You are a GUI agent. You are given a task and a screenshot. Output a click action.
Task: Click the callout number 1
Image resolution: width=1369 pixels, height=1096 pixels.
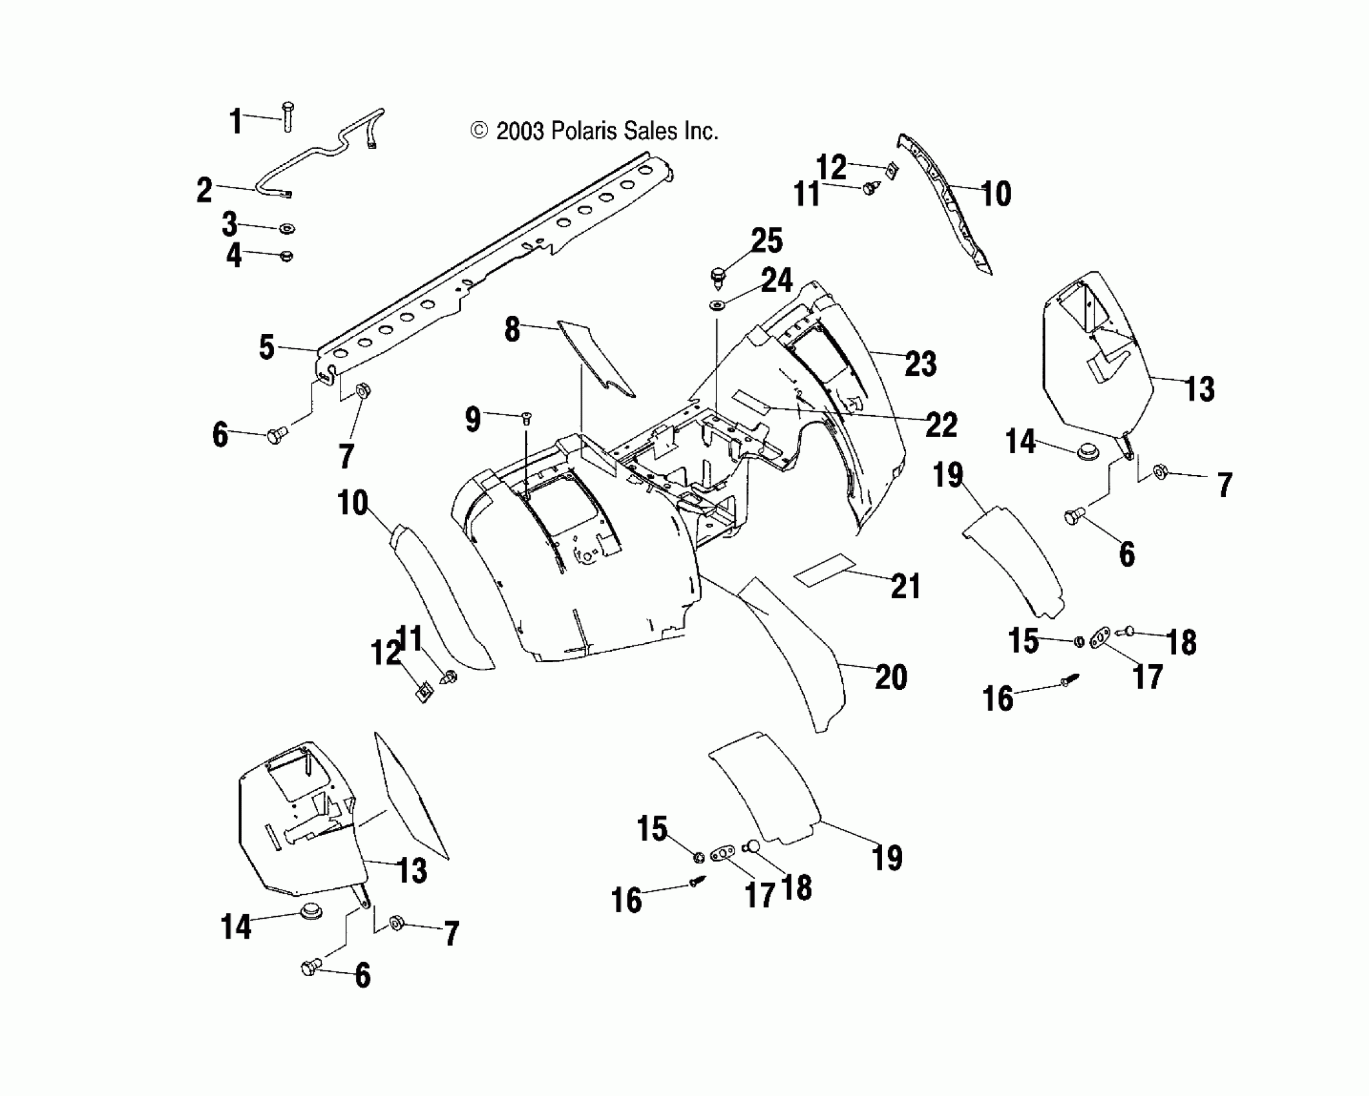(237, 121)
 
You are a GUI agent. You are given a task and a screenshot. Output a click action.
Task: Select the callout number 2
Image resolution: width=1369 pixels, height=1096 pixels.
(204, 191)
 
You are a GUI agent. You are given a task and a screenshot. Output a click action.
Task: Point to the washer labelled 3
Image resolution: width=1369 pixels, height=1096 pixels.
(286, 228)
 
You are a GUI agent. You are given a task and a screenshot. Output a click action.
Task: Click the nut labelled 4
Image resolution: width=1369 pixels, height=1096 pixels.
(287, 256)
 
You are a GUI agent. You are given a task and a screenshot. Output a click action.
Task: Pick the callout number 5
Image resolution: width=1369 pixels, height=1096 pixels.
(267, 347)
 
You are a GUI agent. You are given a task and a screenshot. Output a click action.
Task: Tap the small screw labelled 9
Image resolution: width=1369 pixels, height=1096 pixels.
(526, 418)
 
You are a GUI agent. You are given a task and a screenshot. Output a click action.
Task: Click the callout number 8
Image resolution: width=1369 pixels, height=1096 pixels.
(512, 329)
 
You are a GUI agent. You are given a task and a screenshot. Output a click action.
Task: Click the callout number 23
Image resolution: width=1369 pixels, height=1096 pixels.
(920, 364)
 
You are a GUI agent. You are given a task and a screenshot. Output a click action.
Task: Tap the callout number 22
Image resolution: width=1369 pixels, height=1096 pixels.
(941, 424)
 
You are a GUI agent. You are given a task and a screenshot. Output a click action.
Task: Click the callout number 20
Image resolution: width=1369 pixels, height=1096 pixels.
(891, 677)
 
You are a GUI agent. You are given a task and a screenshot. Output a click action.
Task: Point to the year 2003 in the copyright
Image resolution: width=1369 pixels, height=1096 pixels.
(521, 132)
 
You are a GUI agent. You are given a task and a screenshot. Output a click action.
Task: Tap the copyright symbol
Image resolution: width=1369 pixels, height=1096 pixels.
(478, 132)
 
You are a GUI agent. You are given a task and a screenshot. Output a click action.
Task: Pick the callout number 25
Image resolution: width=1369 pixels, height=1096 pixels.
(767, 241)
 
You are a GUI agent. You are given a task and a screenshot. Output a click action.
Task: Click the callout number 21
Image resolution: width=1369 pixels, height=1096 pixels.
(905, 586)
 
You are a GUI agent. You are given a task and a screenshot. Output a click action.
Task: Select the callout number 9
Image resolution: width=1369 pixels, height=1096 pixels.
(473, 420)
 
